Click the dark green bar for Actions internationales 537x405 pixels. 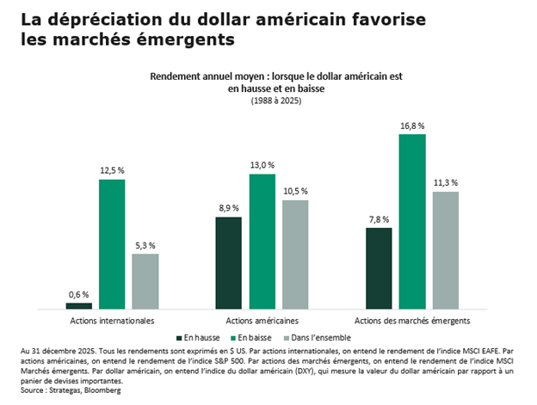coord(78,305)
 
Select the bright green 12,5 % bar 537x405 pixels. coord(112,243)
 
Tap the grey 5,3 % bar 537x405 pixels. coord(145,281)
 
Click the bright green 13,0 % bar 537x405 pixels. coord(262,241)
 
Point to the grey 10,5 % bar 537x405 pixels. coord(295,255)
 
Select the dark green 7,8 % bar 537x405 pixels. coord(379,267)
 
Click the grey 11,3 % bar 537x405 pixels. coord(446,249)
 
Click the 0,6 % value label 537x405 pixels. coord(78,295)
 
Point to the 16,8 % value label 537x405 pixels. coord(412,126)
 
